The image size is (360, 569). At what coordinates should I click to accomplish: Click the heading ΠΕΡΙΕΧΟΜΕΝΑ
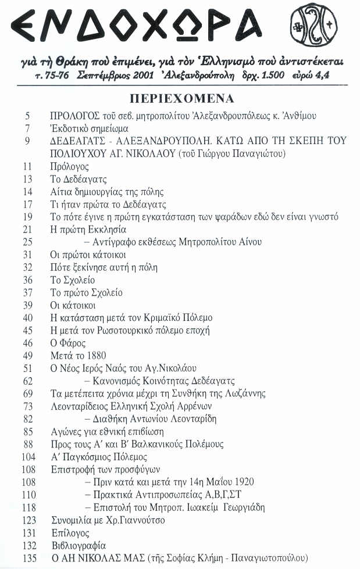coord(181,97)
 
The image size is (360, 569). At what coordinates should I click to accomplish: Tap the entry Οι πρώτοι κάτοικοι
coord(88,255)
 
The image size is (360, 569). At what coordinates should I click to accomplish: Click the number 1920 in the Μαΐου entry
coord(243,482)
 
